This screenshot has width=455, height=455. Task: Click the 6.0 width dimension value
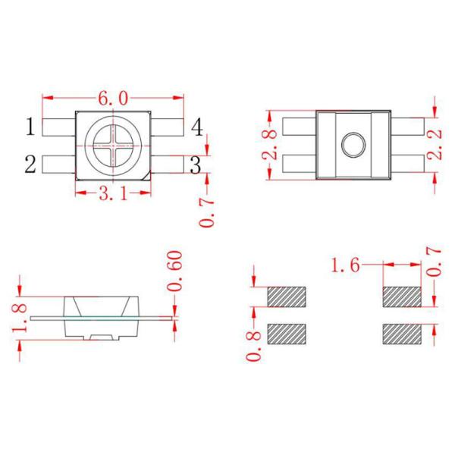[x=114, y=99]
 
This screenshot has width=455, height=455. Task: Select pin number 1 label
[x=30, y=127]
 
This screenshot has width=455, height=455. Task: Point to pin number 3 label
[x=195, y=165]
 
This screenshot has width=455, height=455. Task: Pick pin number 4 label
[x=196, y=127]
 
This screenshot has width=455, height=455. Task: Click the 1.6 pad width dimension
[x=346, y=266]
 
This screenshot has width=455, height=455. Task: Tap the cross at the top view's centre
[x=112, y=144]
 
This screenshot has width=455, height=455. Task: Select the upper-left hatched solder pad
[x=286, y=295]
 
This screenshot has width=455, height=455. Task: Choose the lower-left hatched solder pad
[x=286, y=333]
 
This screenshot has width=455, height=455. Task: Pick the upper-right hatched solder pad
[x=401, y=295]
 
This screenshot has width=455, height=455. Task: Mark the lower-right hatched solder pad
[x=401, y=333]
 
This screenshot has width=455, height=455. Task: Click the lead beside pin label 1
[x=59, y=126]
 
